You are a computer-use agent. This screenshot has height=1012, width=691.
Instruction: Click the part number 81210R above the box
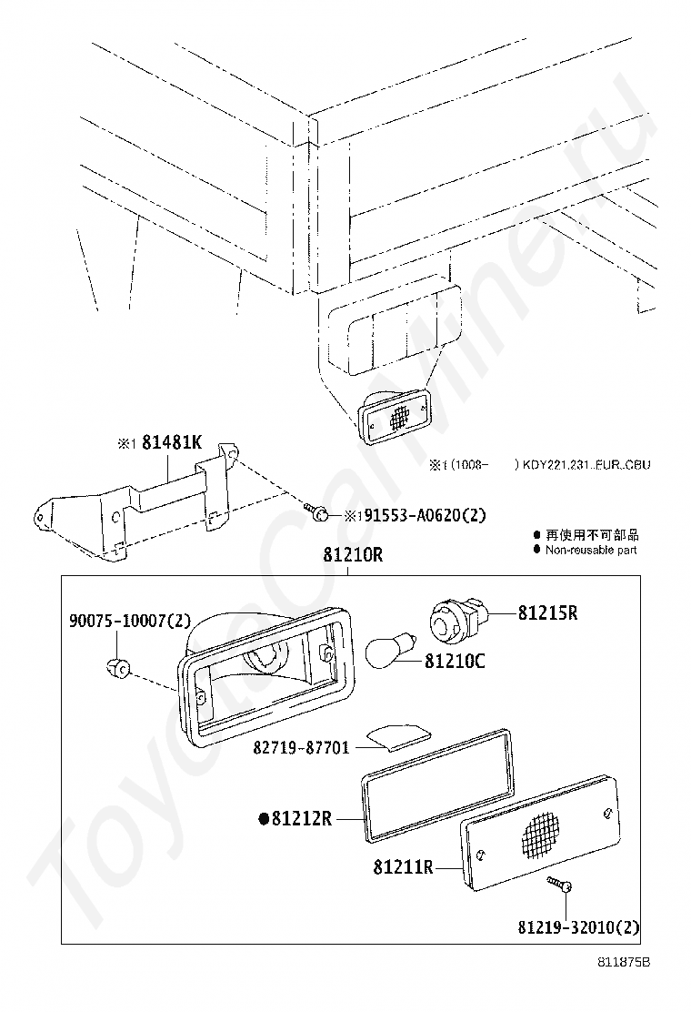click(351, 555)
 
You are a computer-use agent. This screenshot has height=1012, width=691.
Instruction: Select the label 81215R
click(547, 613)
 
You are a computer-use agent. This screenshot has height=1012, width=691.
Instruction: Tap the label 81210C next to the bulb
click(455, 662)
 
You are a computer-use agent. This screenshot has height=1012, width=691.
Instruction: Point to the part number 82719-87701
click(301, 748)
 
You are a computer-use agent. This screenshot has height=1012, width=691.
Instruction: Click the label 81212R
click(301, 819)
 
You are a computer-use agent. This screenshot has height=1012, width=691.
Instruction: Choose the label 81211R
click(402, 867)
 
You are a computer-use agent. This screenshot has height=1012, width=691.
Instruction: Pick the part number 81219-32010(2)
click(578, 929)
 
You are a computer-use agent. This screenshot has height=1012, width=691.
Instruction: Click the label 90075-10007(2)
click(130, 621)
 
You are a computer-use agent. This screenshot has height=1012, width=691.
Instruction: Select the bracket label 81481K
click(170, 443)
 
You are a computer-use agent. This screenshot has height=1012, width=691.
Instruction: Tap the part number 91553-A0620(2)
click(420, 515)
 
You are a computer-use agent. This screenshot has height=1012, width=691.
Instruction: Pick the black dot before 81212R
click(264, 819)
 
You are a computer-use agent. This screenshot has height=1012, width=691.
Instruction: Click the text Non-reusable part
click(591, 550)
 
